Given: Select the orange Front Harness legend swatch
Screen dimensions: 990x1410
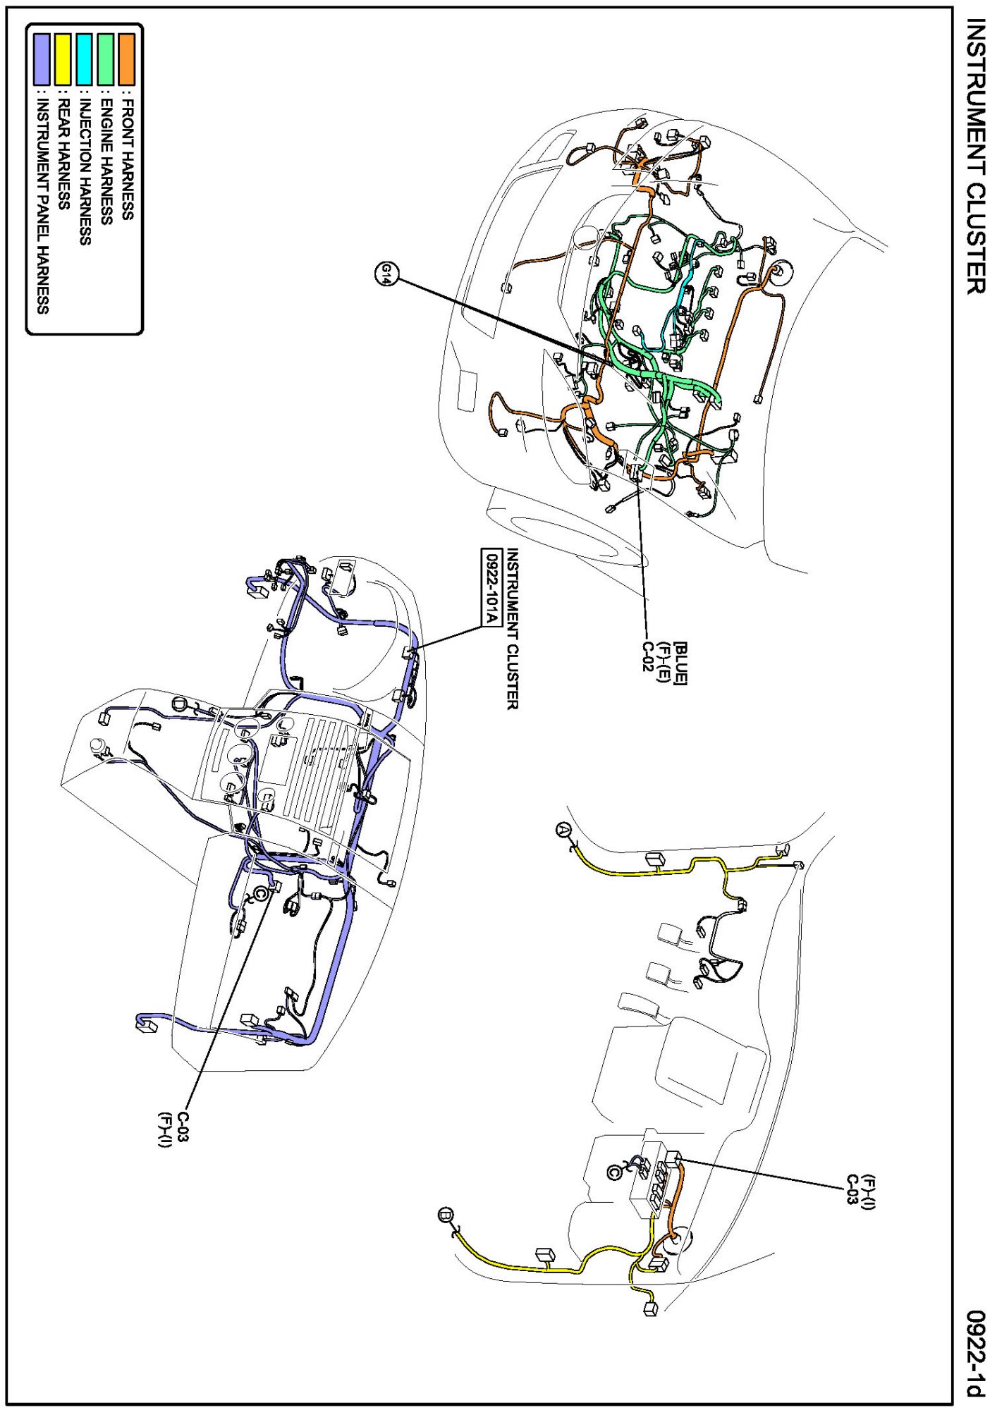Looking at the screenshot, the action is pos(127,60).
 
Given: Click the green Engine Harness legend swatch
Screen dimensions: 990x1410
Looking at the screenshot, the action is pos(106,60).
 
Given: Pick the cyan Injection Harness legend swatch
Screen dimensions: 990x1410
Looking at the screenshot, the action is pos(85,60).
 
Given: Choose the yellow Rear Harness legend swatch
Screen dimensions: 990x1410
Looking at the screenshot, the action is pos(63,60).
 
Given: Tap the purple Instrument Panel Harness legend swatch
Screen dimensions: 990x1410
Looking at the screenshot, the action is pos(42,60).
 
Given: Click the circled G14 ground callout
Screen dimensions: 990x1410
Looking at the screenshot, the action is pos(386,273).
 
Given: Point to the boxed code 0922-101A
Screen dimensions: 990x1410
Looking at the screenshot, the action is pos(490,587).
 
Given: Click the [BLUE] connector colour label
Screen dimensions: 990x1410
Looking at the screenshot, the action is pos(680,662).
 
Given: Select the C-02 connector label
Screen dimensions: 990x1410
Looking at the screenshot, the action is pos(648,656).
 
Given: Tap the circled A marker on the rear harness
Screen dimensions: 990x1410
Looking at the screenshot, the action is pos(563,830).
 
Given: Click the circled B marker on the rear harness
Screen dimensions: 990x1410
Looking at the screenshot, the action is pos(446,1215).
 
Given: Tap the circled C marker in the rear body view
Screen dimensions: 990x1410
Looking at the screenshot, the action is pos(615,1172).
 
